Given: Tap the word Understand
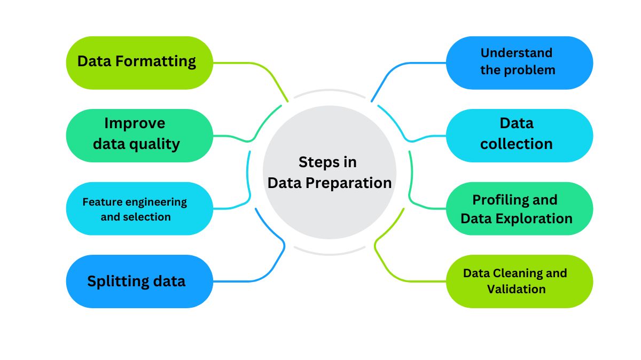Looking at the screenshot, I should click(516, 53).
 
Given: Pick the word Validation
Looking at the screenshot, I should click(516, 289).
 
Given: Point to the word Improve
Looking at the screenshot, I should click(135, 123).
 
